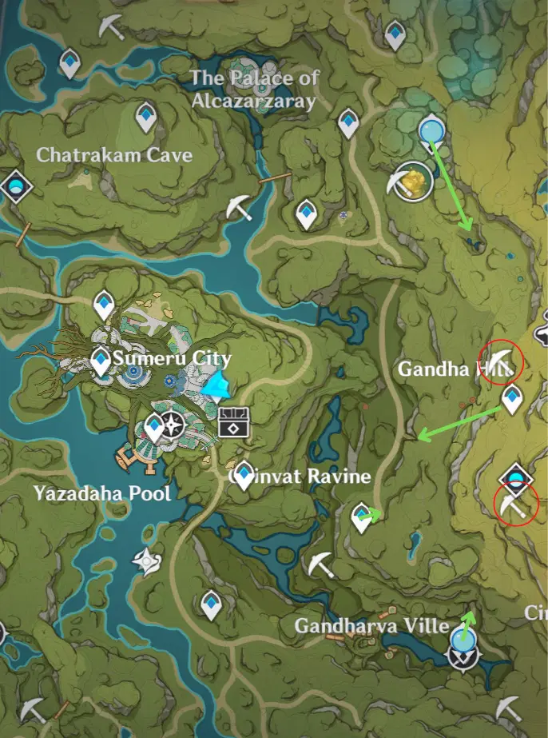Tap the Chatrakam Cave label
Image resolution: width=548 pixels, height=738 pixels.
click(114, 154)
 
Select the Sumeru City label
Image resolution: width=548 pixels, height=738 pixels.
click(172, 358)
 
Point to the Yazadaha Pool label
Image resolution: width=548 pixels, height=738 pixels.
click(102, 493)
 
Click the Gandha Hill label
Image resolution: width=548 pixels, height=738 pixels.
click(443, 369)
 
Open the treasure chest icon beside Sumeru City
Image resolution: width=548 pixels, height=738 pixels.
click(235, 421)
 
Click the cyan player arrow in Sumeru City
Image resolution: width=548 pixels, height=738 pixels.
click(216, 388)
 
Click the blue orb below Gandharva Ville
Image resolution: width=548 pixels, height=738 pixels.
click(462, 639)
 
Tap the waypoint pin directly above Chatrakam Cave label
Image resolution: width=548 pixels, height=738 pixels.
click(145, 118)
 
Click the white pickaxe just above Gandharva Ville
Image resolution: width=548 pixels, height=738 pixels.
click(321, 564)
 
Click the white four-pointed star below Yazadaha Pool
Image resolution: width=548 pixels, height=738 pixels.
click(147, 562)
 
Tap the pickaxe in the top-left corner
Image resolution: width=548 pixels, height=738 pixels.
click(110, 26)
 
